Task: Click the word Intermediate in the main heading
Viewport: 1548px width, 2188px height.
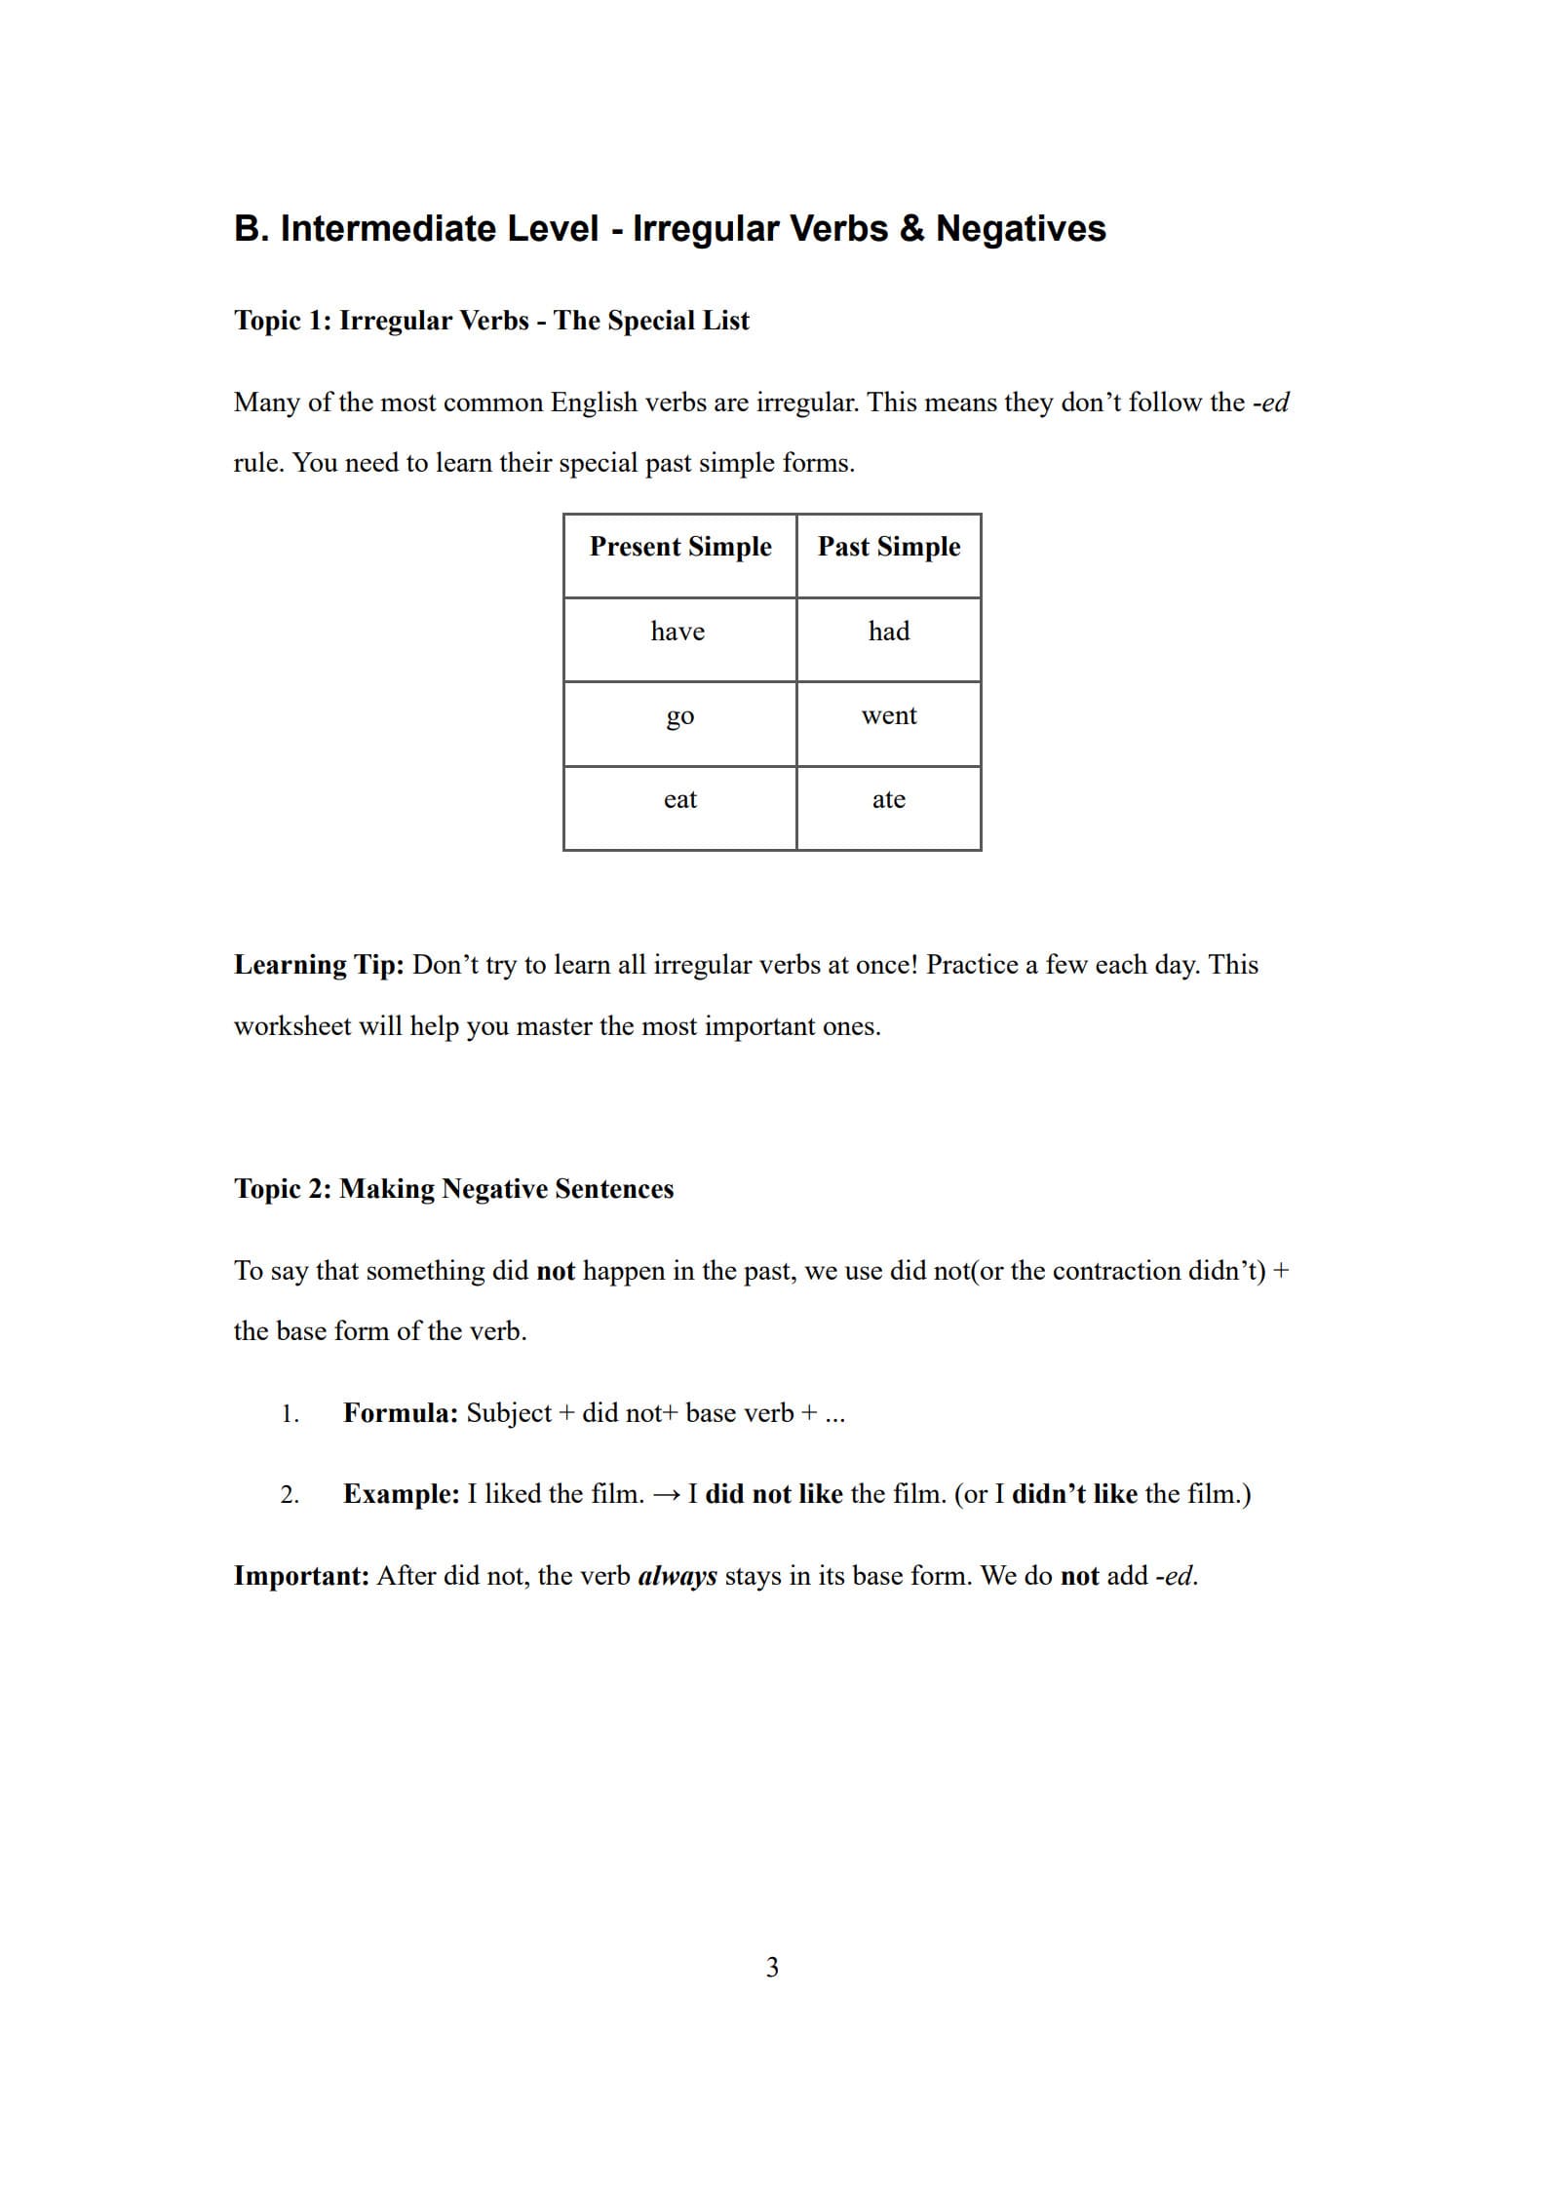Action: (x=439, y=229)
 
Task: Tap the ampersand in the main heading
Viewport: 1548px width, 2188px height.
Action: (x=911, y=229)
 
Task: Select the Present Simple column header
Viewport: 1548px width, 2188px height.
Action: (x=679, y=547)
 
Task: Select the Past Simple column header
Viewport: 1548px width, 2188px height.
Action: (x=888, y=547)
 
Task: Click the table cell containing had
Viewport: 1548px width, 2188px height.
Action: (x=888, y=632)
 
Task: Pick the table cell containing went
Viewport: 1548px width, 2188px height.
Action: (x=888, y=715)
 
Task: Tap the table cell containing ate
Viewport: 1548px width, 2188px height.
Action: (x=888, y=799)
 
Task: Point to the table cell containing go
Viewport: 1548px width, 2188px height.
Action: (x=679, y=716)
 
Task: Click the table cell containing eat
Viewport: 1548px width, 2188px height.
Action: (x=679, y=799)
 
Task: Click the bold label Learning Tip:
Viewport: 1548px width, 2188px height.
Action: (x=319, y=965)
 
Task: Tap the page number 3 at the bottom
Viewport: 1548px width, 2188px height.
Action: (x=772, y=1968)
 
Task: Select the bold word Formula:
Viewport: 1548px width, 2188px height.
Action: (x=400, y=1413)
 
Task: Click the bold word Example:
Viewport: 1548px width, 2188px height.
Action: (x=401, y=1494)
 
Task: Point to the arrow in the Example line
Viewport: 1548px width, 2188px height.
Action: (x=666, y=1495)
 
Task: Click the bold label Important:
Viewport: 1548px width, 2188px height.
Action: (x=301, y=1576)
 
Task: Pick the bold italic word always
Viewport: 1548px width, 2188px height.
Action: (x=677, y=1576)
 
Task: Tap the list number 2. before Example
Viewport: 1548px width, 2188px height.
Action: (x=290, y=1495)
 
